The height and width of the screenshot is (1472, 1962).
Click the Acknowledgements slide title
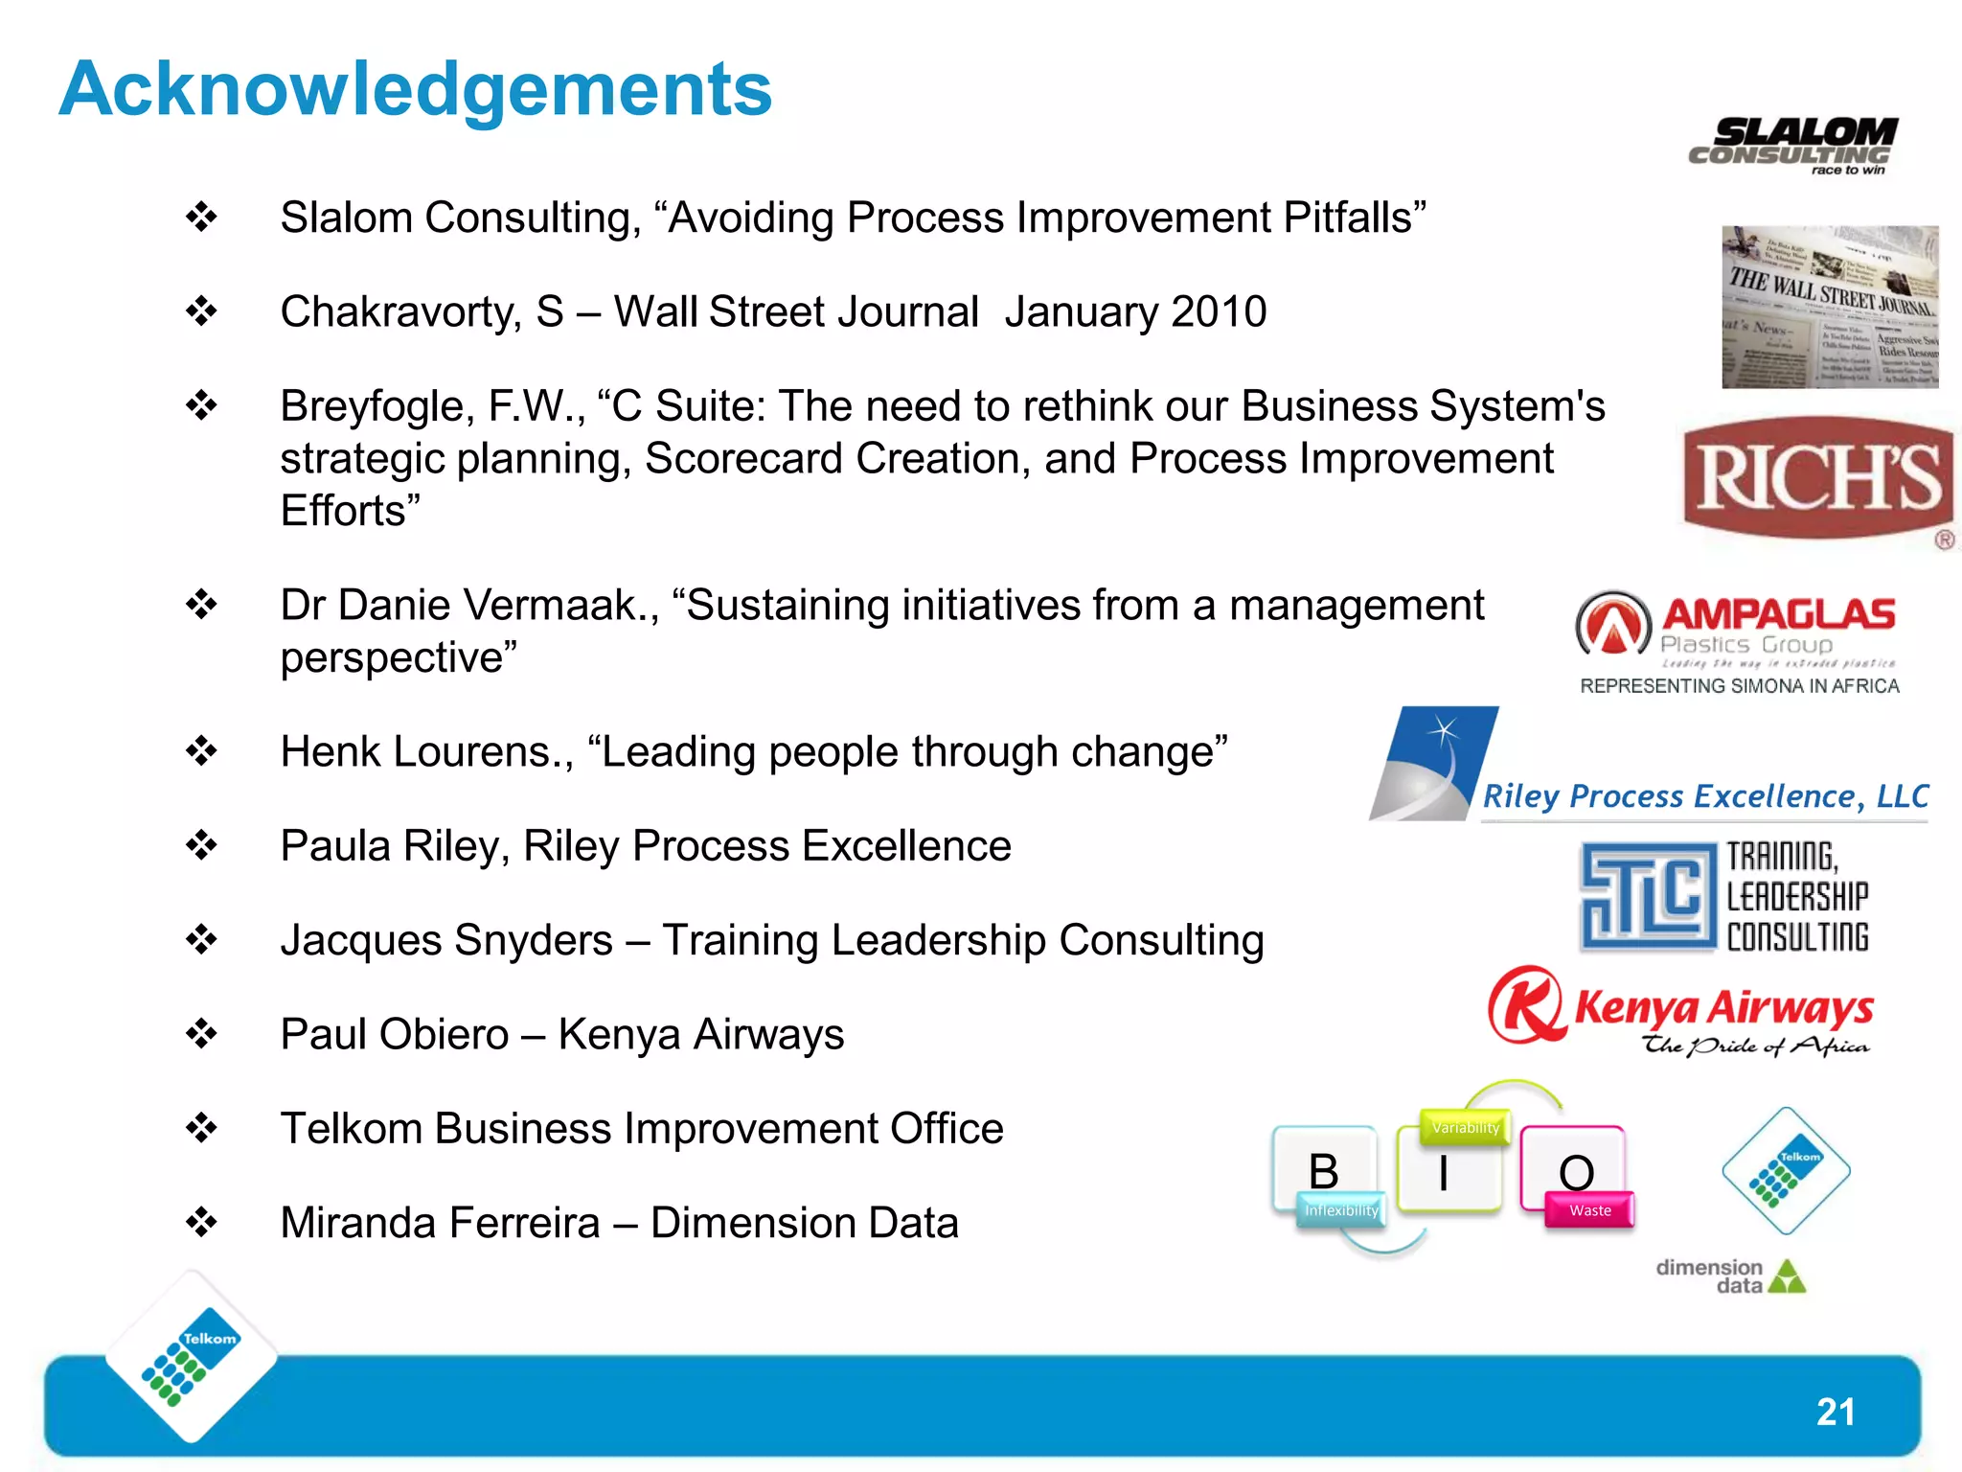coord(415,90)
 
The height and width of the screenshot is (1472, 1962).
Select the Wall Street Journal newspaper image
coord(1830,307)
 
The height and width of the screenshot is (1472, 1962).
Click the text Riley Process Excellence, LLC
coord(1705,796)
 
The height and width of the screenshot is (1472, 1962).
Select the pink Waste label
coord(1590,1210)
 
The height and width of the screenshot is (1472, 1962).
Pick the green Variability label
coord(1465,1128)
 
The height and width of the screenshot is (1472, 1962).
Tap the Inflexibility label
coord(1341,1210)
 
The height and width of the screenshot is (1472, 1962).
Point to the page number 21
coord(1835,1412)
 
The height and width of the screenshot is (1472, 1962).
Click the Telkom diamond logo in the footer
coord(191,1357)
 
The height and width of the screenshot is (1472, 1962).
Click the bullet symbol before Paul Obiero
coord(202,1034)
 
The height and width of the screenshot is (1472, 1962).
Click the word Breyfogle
coord(376,407)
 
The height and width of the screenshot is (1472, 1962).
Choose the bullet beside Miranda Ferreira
coord(202,1223)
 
